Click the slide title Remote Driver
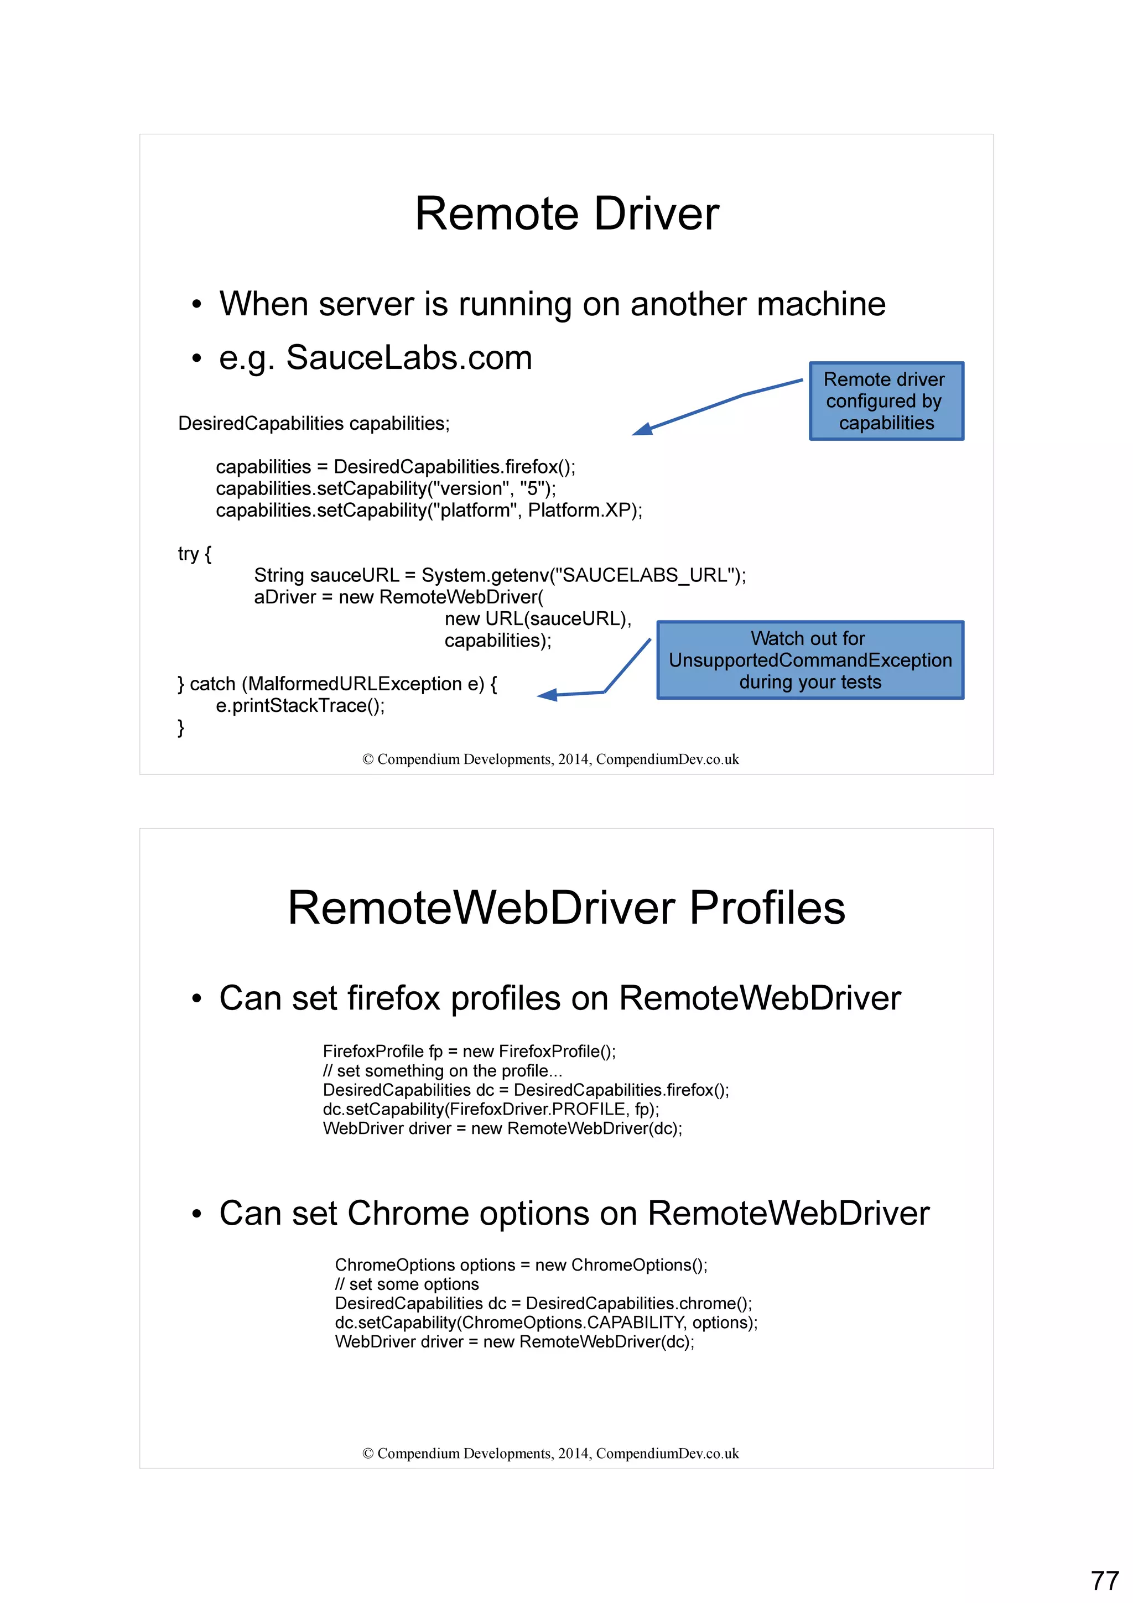coord(566,214)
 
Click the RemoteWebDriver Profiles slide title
coord(566,908)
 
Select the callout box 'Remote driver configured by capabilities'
coord(886,402)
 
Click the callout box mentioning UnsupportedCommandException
coord(810,660)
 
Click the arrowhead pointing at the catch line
coord(547,695)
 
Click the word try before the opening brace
coord(188,554)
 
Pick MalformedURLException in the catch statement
coord(355,684)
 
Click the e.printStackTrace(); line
coord(300,706)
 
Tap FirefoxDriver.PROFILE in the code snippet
coord(537,1110)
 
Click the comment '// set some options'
coord(407,1284)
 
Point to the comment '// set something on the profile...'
coord(442,1071)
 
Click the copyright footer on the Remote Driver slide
coord(550,759)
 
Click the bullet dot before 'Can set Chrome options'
coord(197,1215)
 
